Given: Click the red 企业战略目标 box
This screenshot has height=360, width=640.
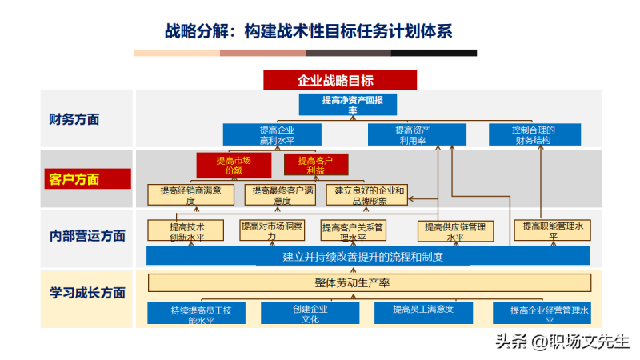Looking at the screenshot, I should pyautogui.click(x=340, y=80).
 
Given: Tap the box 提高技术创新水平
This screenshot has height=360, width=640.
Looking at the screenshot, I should pyautogui.click(x=186, y=230).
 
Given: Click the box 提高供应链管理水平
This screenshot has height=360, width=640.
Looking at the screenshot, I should pyautogui.click(x=454, y=230).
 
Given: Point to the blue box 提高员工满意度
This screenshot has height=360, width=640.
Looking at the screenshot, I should pyautogui.click(x=423, y=310).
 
